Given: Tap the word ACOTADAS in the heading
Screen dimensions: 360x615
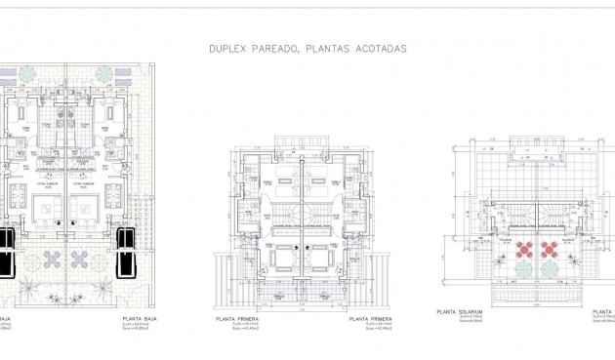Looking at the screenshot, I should tap(379, 48).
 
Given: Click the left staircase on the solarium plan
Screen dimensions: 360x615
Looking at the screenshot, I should tap(525, 210).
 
